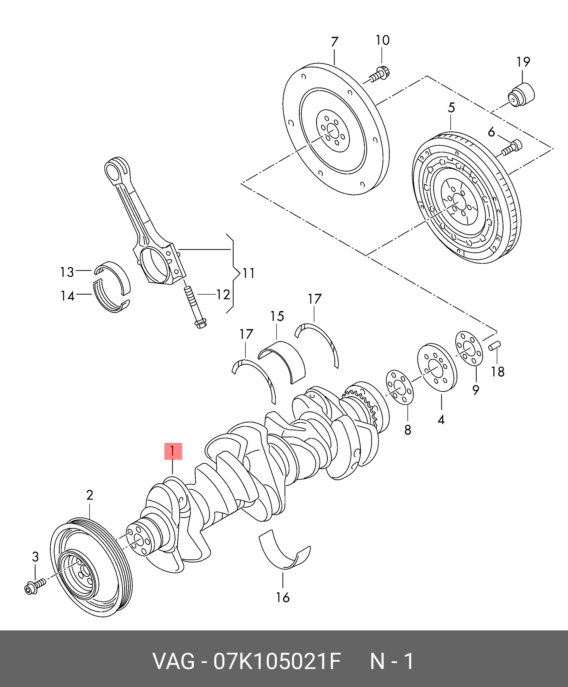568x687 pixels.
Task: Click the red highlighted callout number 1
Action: pos(173,451)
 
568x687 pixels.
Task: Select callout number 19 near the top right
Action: pos(523,62)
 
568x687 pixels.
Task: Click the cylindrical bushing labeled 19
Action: pos(522,95)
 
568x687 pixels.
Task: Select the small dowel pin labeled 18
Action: pos(495,346)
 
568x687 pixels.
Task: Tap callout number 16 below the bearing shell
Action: pos(283,598)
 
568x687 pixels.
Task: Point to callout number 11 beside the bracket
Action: pos(248,273)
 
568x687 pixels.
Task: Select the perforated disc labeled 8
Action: pos(400,387)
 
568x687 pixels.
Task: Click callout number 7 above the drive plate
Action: pos(334,42)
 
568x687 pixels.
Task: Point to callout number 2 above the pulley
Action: pos(90,495)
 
